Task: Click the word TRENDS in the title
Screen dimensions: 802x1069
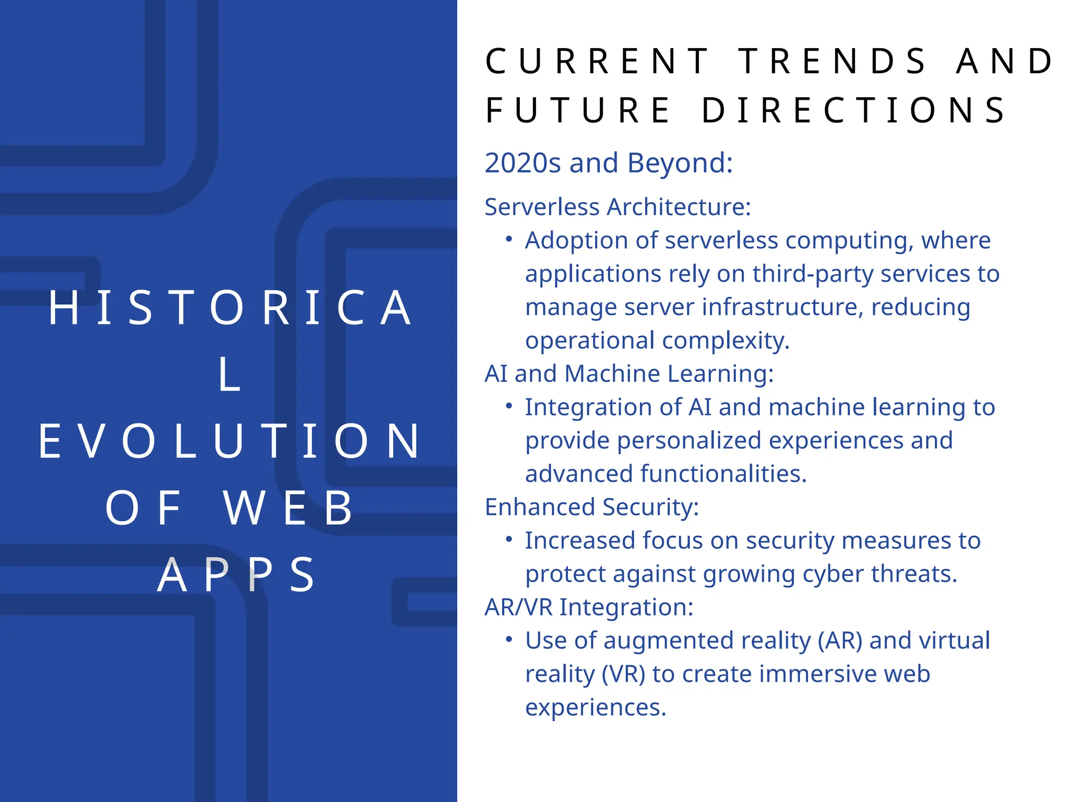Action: tap(832, 61)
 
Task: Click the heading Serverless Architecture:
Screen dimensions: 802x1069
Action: tap(617, 207)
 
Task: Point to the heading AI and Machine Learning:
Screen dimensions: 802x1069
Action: tap(629, 373)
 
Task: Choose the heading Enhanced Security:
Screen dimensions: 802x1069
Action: tap(591, 507)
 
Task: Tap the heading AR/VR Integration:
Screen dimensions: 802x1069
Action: tap(589, 607)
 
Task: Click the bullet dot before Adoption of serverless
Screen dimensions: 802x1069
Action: tap(509, 240)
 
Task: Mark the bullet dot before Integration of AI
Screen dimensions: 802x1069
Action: tap(509, 406)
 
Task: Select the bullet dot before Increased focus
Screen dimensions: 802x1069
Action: tap(509, 539)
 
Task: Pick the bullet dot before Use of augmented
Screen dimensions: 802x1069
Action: tap(509, 640)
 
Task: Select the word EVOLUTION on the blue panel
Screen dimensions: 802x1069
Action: tap(230, 442)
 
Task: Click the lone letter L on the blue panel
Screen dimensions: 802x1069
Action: tap(230, 374)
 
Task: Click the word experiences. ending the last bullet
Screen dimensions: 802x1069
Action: tap(596, 707)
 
